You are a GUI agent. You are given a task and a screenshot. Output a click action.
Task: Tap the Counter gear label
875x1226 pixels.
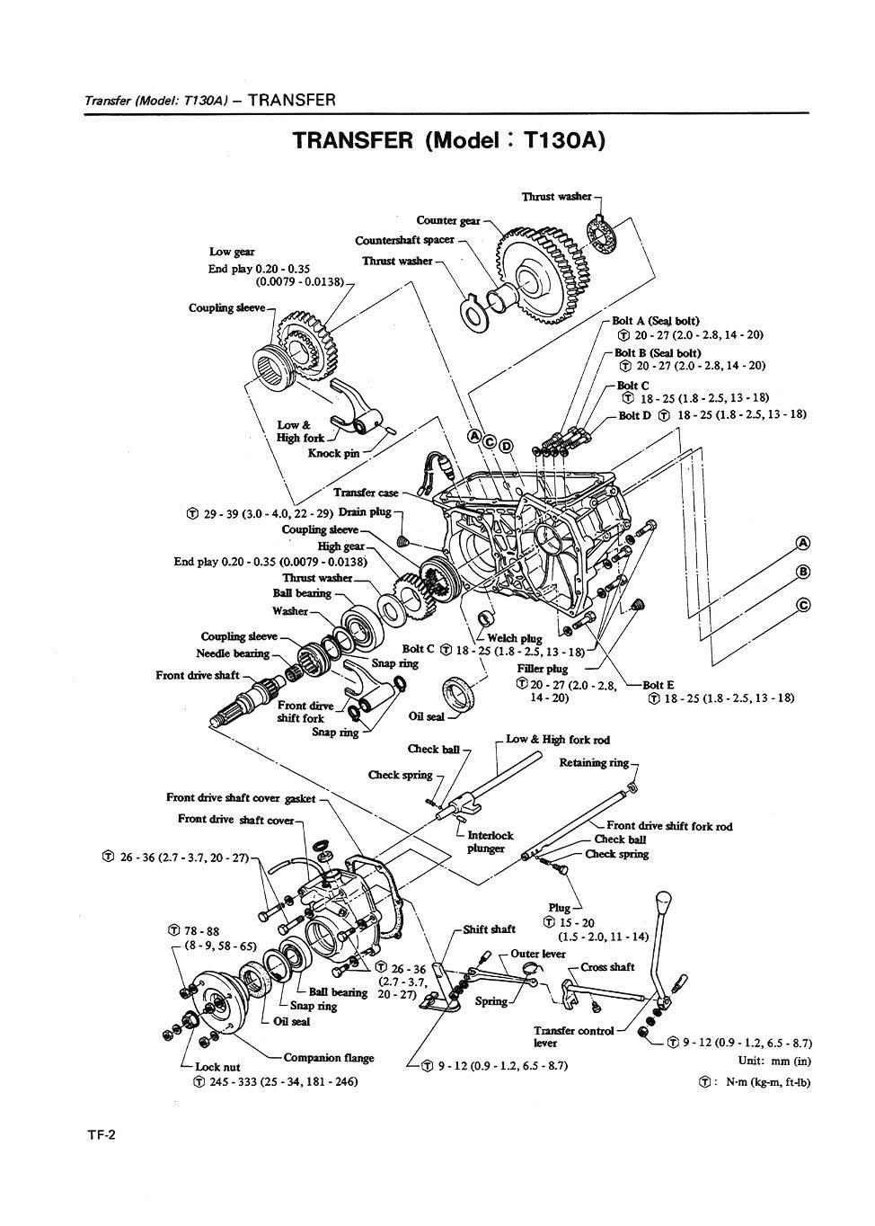tap(447, 220)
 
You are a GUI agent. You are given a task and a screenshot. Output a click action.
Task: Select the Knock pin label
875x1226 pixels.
tap(333, 453)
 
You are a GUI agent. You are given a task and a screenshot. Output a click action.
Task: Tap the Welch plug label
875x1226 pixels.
tap(515, 638)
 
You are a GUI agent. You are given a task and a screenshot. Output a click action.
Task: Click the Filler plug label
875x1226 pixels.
tap(543, 669)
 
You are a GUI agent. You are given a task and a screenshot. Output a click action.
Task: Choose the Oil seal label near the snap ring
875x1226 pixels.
tap(427, 717)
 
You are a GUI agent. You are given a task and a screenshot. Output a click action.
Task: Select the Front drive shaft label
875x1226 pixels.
tap(197, 675)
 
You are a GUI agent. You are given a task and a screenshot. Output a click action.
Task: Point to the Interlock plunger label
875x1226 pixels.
tap(491, 841)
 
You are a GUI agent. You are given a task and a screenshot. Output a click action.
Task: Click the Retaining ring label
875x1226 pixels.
tap(594, 763)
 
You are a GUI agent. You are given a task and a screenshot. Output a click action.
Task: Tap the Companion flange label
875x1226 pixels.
tap(329, 1058)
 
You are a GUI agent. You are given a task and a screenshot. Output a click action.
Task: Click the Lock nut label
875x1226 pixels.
tap(217, 1067)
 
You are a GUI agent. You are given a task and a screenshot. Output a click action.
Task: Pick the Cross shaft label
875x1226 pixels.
tap(607, 967)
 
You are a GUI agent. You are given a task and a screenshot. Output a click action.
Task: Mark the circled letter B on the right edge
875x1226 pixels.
tap(803, 572)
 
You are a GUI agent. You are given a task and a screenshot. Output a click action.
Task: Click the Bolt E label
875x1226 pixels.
tap(658, 685)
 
